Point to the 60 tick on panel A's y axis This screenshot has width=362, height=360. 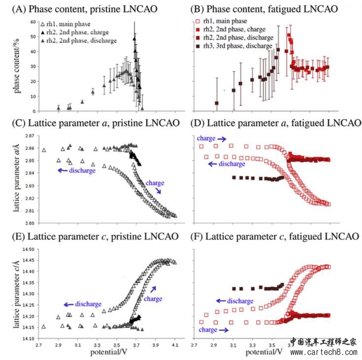point(33,23)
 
